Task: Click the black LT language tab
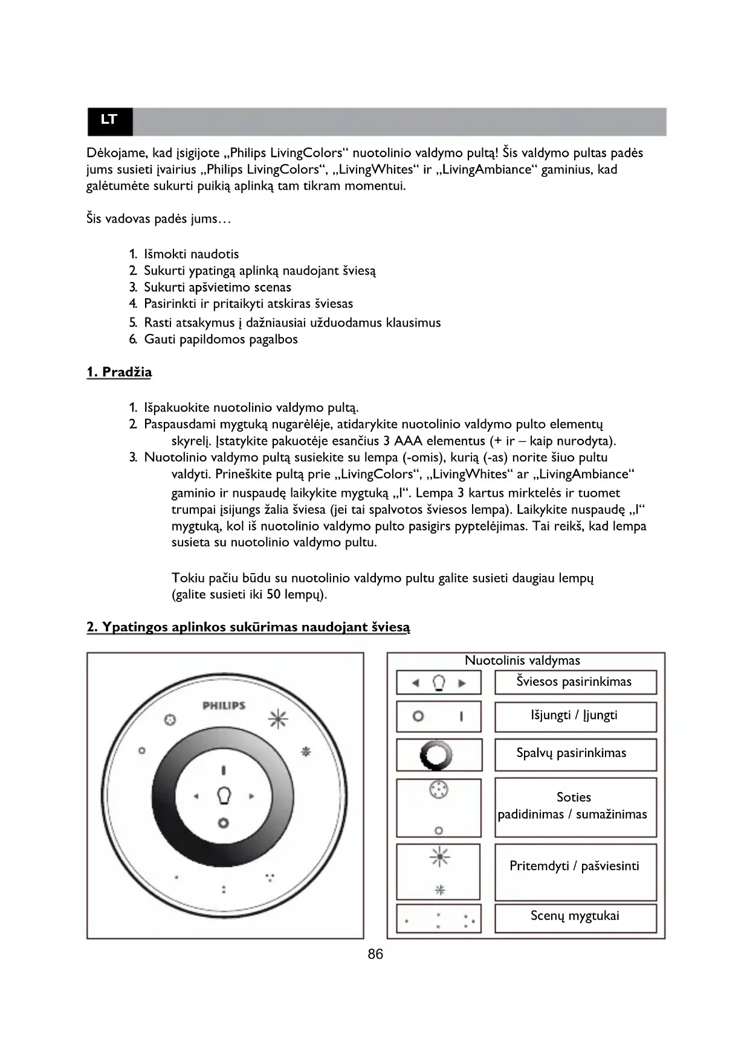click(x=109, y=120)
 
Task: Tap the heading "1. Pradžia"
click(x=119, y=372)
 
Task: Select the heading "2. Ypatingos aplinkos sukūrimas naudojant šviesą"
click(x=248, y=627)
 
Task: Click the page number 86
click(x=375, y=954)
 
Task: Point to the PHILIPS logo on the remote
click(x=224, y=705)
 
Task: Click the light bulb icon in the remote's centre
click(x=224, y=795)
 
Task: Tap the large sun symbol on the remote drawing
click(x=278, y=718)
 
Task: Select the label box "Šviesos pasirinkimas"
click(x=575, y=682)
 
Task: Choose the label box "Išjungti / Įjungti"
click(x=575, y=716)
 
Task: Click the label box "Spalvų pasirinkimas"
click(x=575, y=754)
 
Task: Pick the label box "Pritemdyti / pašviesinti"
click(x=575, y=867)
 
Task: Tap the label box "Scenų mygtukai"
click(x=575, y=917)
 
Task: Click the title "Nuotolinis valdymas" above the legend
click(x=522, y=661)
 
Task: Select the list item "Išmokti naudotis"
click(x=191, y=254)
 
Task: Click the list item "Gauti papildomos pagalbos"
click(x=221, y=339)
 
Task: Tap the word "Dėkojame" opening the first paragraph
click(x=113, y=153)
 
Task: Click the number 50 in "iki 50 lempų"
click(x=273, y=595)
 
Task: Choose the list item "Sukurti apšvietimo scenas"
click(x=217, y=287)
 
